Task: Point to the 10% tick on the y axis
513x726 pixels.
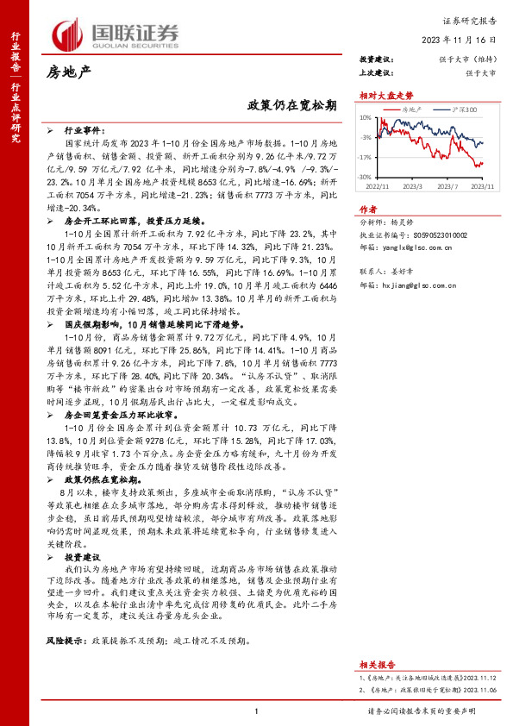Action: pos(366,117)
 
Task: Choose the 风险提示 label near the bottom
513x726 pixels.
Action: pos(66,642)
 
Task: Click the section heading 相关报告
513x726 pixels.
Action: pos(376,665)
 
